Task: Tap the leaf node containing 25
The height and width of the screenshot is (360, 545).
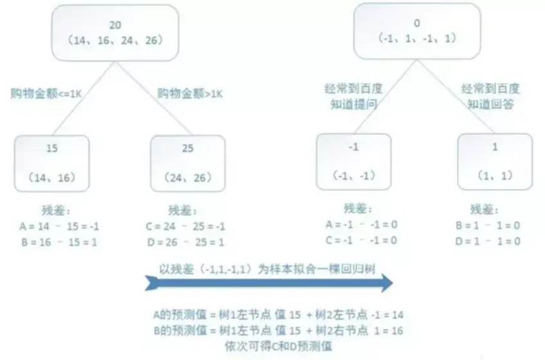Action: [x=188, y=163]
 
